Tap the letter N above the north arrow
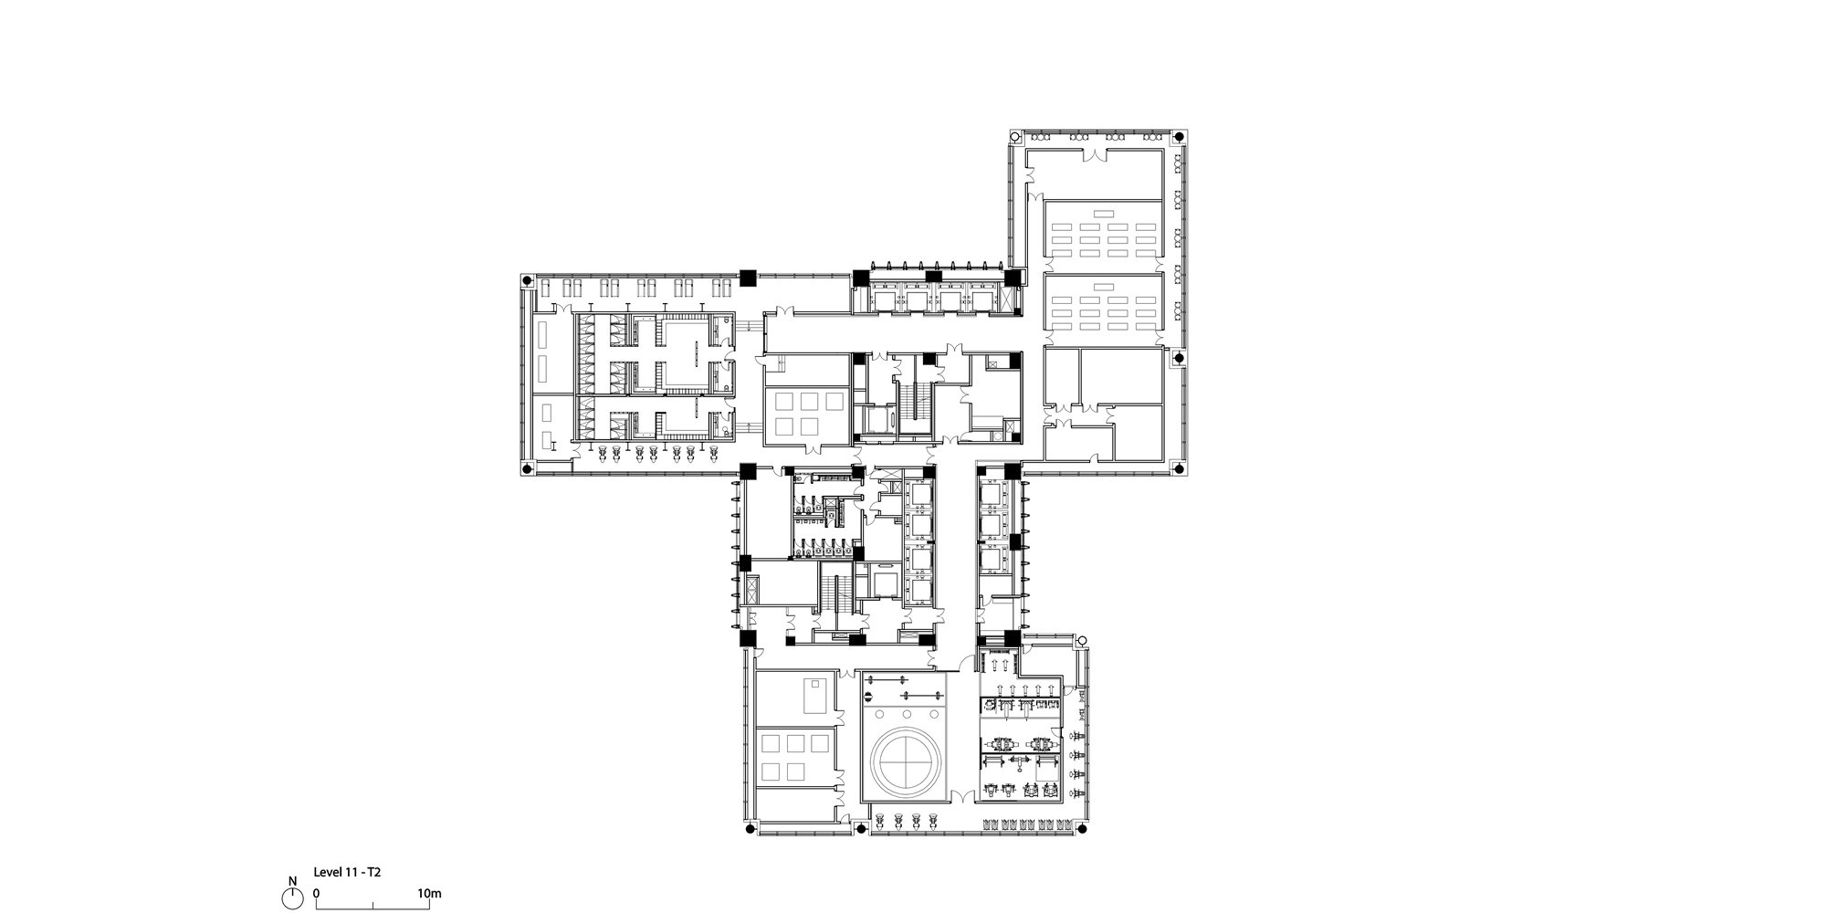coord(292,882)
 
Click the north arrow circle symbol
coord(292,898)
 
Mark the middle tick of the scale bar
coord(373,906)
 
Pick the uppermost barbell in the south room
coord(886,680)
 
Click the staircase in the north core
coord(914,404)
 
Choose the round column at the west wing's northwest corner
coord(526,283)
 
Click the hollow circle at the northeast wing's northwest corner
coord(1015,137)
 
